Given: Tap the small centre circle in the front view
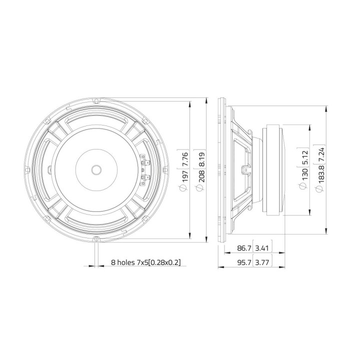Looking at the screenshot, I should coord(96,169).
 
